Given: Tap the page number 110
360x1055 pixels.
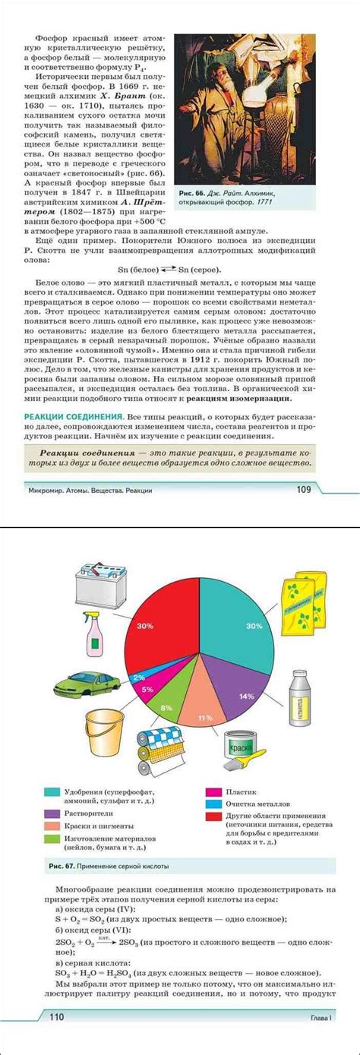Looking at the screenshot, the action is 55,1037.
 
